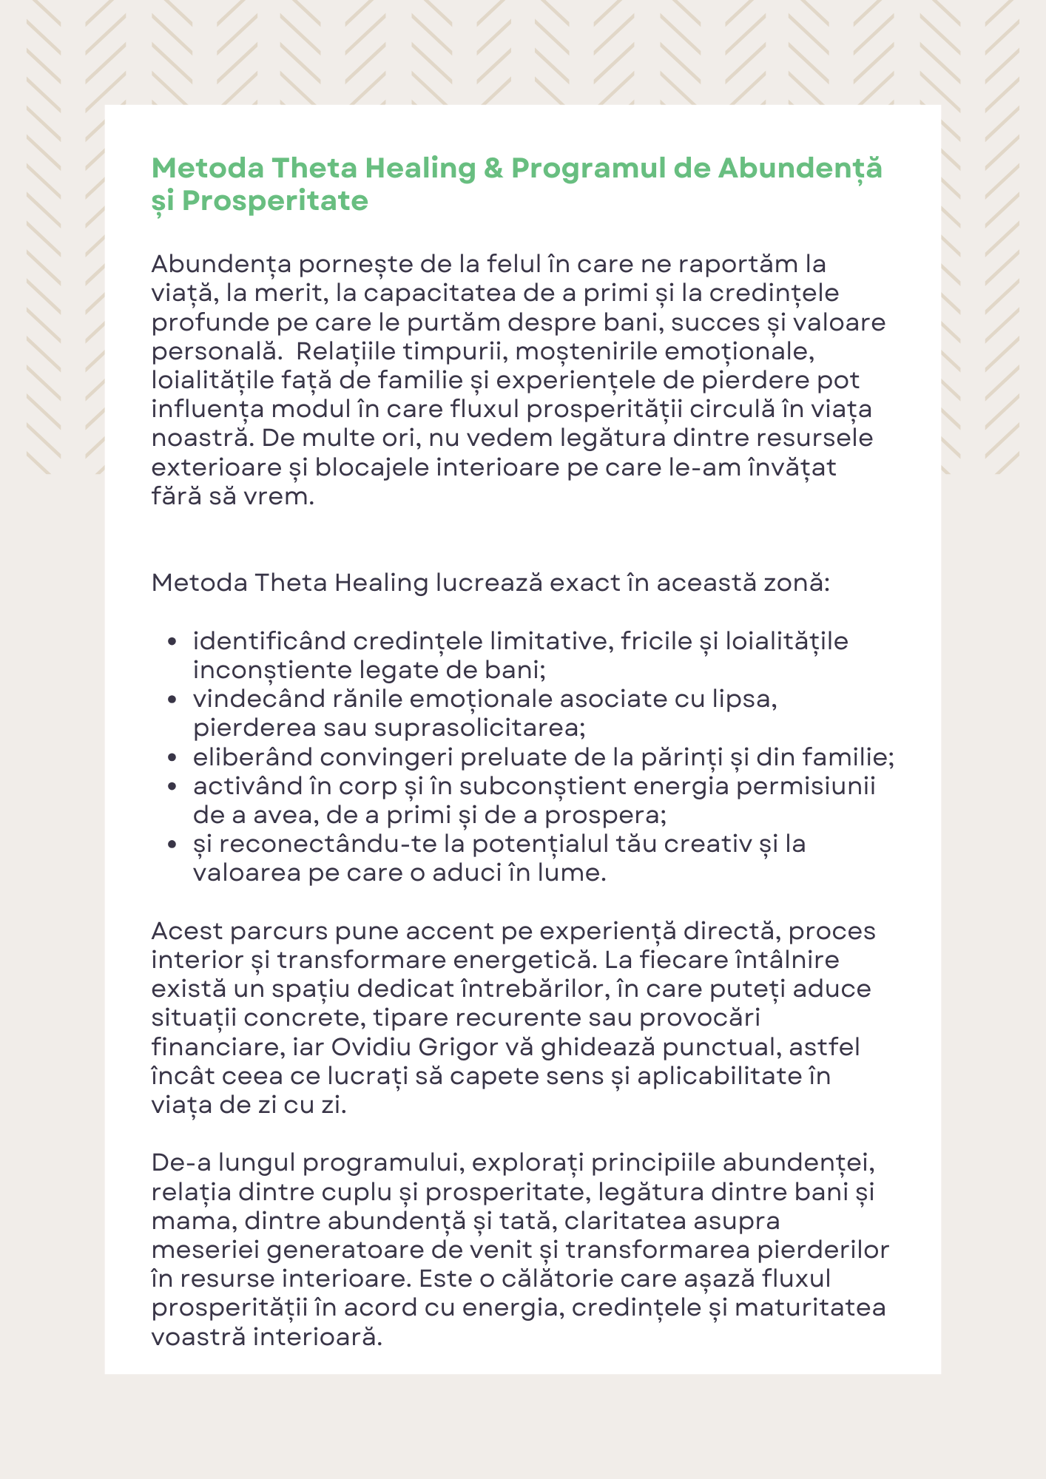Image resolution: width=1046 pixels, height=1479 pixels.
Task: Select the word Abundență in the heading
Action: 800,169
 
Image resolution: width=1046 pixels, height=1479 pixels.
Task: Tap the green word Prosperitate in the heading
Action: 275,201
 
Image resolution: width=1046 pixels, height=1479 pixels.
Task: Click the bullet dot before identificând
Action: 172,642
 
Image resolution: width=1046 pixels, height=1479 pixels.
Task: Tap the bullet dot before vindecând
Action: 172,700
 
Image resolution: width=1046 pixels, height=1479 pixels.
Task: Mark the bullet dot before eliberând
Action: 172,758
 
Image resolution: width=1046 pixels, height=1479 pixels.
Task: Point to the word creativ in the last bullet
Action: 707,844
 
